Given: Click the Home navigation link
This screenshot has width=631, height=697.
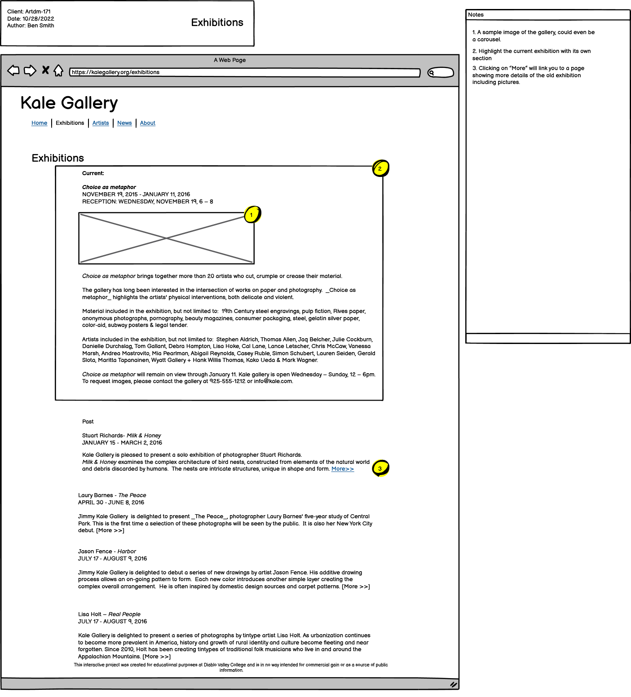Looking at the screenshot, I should point(39,123).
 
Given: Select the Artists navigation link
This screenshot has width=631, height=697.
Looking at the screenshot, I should point(101,123).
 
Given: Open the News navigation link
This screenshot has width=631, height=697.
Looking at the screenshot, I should point(124,123).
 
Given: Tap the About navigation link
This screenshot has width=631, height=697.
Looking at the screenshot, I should point(147,123).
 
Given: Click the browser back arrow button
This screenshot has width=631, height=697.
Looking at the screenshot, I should point(13,71).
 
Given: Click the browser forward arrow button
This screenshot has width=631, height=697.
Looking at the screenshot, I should point(30,71).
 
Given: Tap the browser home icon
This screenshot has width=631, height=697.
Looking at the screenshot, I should point(58,71).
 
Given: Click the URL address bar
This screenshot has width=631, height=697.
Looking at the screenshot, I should point(245,72).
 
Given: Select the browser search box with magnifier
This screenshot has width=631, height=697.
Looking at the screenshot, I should point(440,72).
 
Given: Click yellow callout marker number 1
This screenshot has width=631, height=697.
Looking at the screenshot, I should point(252,215).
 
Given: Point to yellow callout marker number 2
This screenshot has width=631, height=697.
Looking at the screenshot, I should point(380,169).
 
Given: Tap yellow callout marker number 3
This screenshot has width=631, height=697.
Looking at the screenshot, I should point(380,468).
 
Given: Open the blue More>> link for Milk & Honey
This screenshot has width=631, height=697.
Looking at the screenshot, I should point(342,469).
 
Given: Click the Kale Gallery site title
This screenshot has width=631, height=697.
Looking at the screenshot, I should point(69,103).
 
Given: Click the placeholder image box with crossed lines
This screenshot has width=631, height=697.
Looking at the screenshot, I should point(166,238).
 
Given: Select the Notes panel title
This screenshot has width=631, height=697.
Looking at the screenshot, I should point(476,15).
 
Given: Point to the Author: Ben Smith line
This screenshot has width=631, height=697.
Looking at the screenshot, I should point(31,26).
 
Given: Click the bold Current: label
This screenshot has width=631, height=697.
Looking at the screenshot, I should point(93,173).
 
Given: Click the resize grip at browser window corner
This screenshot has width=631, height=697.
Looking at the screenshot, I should point(453,684).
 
